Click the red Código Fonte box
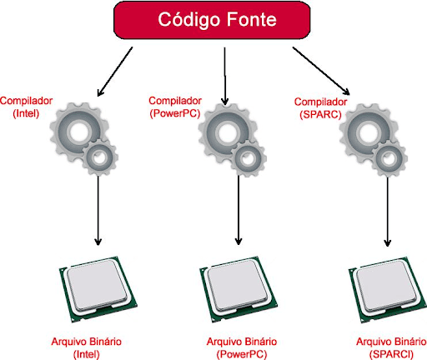tap(212, 20)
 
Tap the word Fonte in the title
tap(251, 19)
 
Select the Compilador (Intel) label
tap(26, 107)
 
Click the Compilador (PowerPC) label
tap(175, 107)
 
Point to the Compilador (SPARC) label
tap(320, 108)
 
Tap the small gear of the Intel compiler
tap(100, 157)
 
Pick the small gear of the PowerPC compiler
tap(249, 159)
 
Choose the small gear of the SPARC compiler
tap(389, 159)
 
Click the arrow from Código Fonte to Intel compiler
tap(115, 72)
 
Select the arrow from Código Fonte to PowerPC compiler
tap(225, 77)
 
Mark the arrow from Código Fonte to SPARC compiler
tap(321, 71)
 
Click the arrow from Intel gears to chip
tap(98, 211)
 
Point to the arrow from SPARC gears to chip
tap(388, 212)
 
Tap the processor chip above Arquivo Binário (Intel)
tap(98, 289)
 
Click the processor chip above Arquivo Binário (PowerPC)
tap(239, 289)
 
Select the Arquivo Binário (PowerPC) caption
tap(242, 347)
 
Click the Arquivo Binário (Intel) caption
tap(87, 347)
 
